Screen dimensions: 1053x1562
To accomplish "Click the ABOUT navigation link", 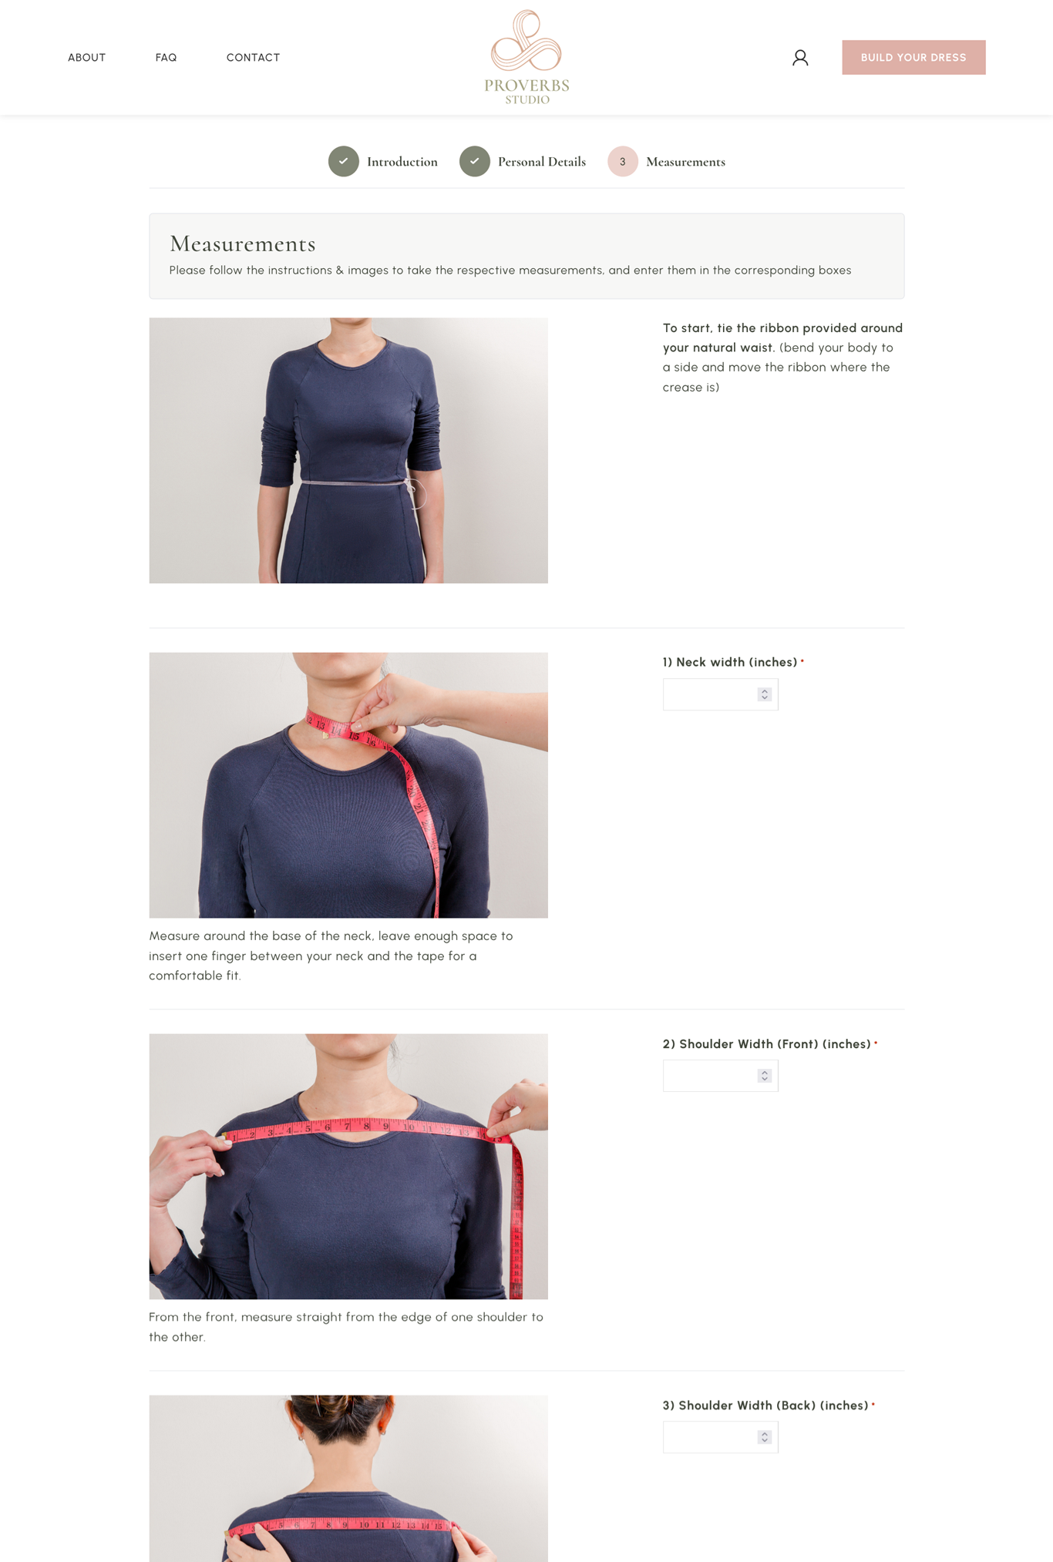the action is (86, 58).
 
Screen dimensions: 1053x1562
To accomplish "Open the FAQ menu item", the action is (166, 58).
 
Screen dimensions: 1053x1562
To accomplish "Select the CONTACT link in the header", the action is (253, 58).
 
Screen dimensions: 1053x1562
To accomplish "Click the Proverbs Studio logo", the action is (526, 57).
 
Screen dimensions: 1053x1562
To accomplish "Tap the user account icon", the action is (800, 58).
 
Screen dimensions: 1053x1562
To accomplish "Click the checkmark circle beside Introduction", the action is (344, 161).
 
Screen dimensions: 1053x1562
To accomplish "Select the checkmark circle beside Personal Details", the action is (475, 161).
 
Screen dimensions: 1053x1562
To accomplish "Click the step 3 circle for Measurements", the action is (623, 161).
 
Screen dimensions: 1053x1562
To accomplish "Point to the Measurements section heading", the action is (243, 244).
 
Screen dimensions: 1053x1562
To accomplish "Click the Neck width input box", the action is (720, 694).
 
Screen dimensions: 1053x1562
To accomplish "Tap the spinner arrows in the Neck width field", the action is (765, 694).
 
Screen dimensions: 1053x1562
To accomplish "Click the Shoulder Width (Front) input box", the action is (720, 1076).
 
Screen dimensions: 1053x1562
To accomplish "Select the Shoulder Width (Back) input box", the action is (720, 1437).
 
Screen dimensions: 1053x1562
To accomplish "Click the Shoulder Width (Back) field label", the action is (765, 1406).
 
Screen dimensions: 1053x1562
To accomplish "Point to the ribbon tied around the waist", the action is (358, 483).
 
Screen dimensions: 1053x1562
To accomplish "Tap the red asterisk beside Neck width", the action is (802, 661).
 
